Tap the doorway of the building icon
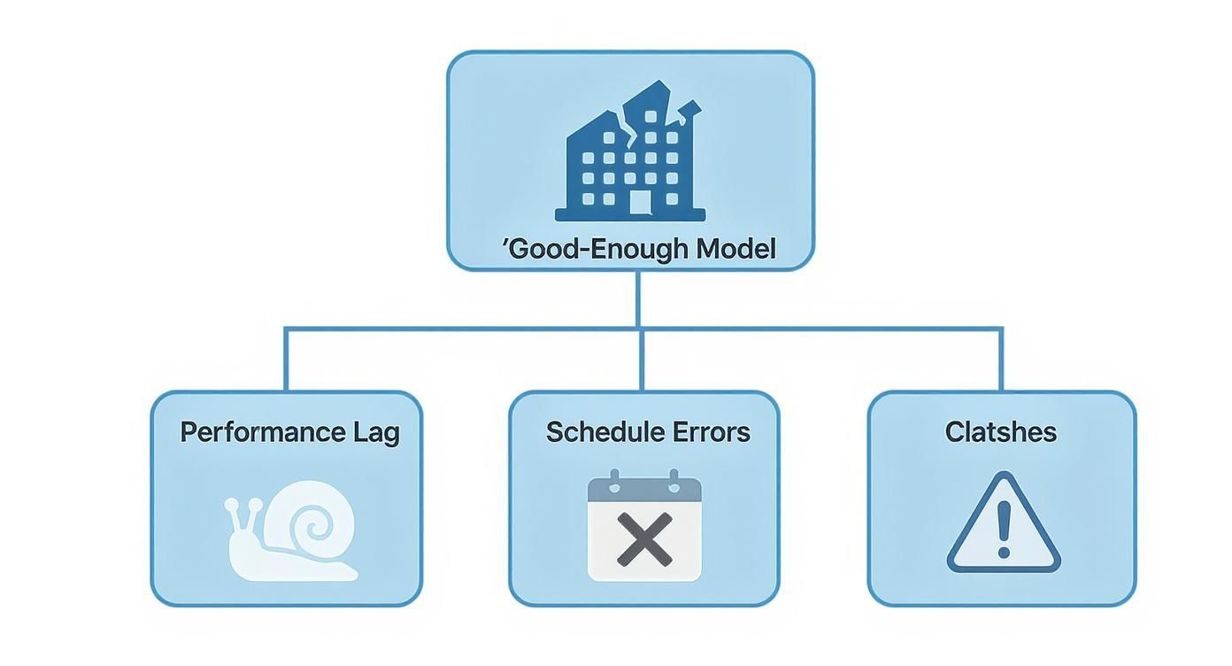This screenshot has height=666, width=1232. [640, 202]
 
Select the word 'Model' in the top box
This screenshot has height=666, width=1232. [735, 249]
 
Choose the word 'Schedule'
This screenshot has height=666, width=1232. [604, 432]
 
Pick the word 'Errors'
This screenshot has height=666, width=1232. [711, 432]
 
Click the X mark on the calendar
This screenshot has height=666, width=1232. [644, 540]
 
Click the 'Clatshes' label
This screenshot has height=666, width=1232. [1001, 432]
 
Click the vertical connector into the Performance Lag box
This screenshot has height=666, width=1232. [286, 360]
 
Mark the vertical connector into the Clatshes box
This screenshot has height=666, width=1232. [1002, 360]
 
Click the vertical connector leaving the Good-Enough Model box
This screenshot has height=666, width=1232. [638, 298]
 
